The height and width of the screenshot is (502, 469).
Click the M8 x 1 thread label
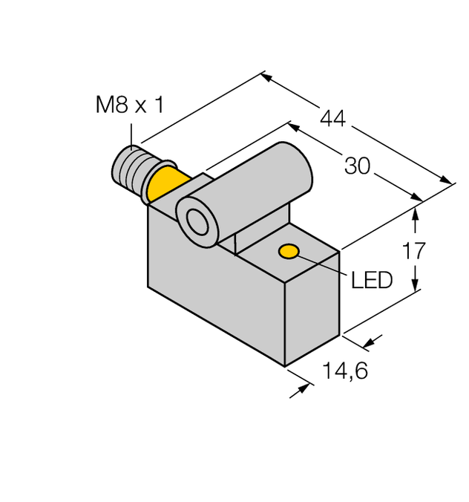tap(129, 105)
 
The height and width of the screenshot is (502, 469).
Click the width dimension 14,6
tap(342, 371)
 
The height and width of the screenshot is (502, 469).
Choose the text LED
tap(370, 280)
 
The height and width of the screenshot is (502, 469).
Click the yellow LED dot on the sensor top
tap(289, 252)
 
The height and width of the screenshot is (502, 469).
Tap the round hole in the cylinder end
tap(197, 221)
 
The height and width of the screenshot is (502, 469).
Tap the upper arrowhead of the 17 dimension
tap(416, 212)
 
